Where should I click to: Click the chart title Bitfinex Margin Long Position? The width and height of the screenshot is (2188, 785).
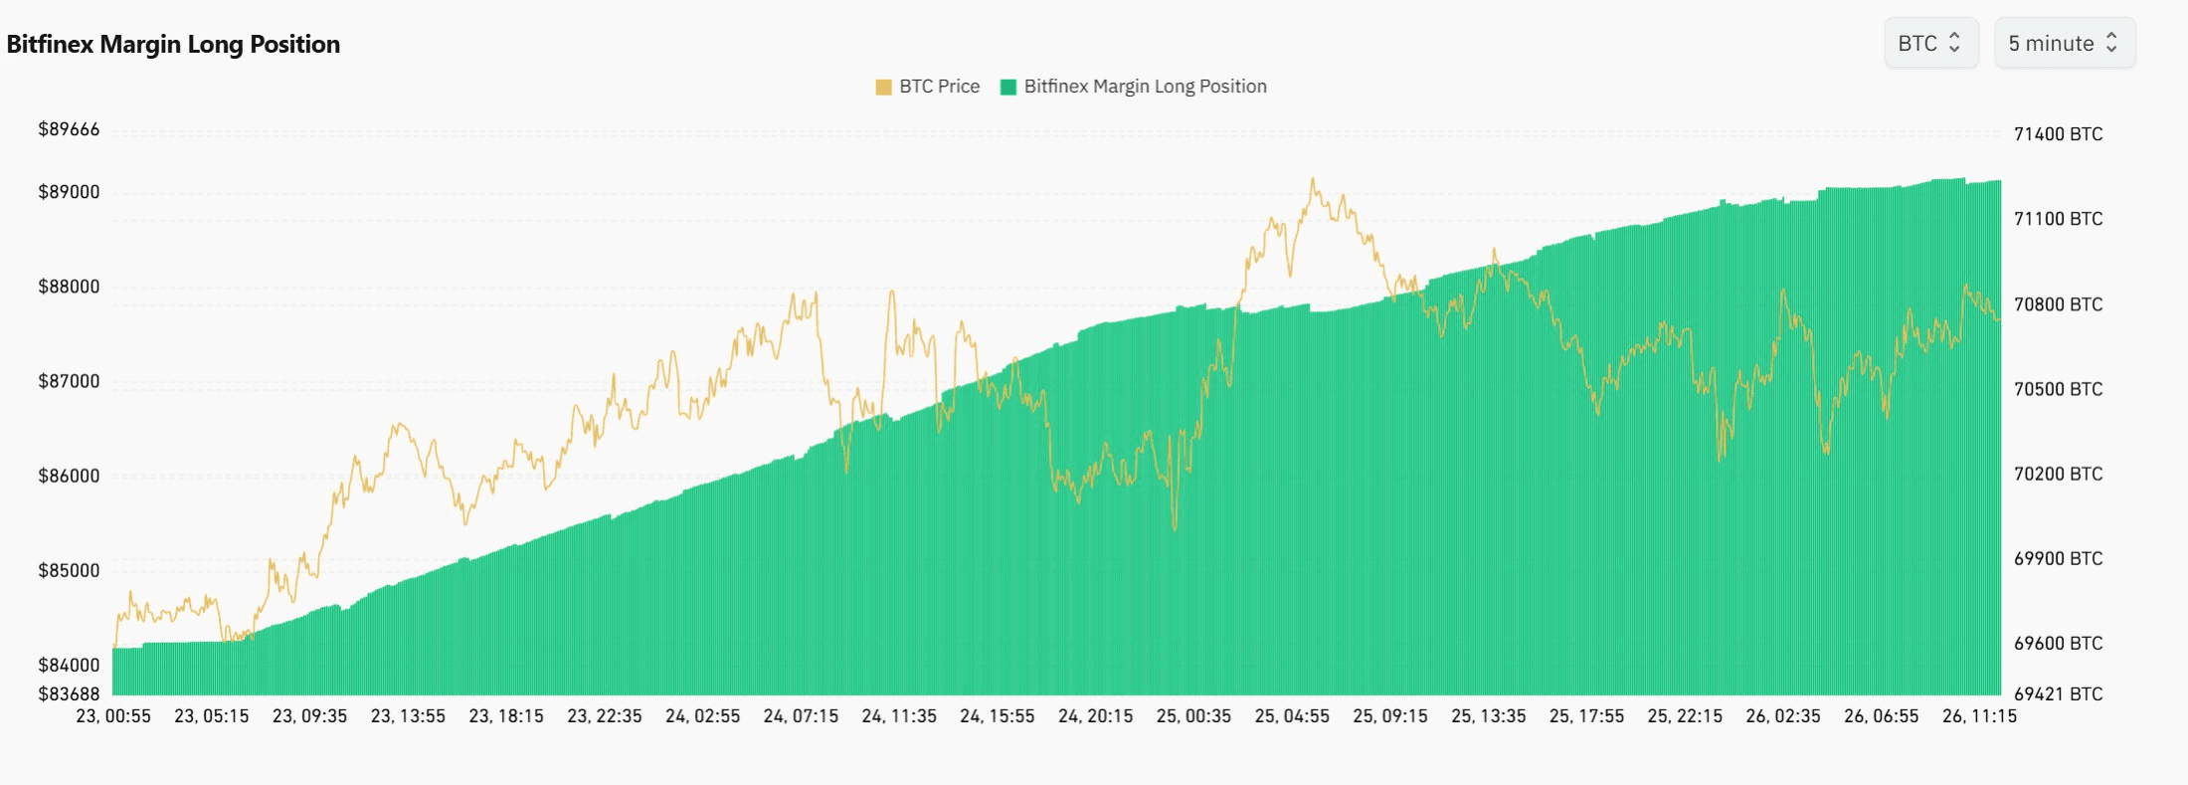[173, 45]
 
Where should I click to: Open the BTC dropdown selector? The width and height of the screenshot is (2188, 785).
[1929, 44]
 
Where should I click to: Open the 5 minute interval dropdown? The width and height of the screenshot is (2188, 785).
[2064, 44]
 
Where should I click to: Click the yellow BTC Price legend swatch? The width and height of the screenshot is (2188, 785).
[883, 88]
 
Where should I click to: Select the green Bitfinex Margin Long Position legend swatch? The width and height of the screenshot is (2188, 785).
[1008, 88]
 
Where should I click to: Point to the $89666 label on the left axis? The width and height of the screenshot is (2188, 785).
[69, 129]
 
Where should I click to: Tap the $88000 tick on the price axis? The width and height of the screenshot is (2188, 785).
[69, 287]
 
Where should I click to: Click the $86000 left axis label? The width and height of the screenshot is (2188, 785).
[69, 476]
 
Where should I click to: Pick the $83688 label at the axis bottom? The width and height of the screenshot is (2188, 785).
[69, 693]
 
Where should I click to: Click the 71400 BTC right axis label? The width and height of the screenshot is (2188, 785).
[2058, 134]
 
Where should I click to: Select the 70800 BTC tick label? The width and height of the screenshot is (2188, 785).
[2058, 304]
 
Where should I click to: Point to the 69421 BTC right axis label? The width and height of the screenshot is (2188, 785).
[2058, 693]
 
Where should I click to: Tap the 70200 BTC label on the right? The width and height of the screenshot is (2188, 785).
[2058, 474]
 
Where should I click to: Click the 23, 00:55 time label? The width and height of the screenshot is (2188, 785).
[113, 716]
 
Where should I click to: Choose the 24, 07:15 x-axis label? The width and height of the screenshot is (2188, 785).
[801, 716]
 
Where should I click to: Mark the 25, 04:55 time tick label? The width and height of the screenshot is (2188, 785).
[1292, 716]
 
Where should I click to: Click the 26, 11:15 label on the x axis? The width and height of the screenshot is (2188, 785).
[1979, 716]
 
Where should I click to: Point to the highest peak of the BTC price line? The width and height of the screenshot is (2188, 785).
[1313, 180]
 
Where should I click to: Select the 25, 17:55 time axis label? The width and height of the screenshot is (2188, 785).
[1586, 716]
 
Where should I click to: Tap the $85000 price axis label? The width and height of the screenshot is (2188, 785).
[69, 570]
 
